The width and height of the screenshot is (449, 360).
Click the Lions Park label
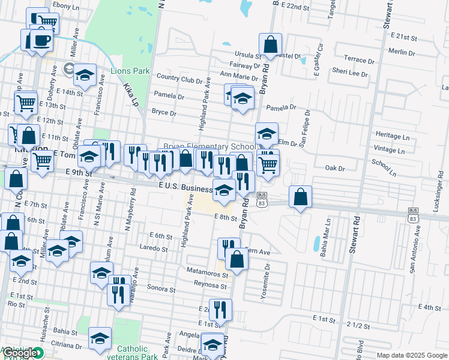(x=130, y=71)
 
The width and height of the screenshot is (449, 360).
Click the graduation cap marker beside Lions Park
(x=85, y=75)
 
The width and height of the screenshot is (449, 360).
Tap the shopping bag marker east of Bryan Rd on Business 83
(x=300, y=196)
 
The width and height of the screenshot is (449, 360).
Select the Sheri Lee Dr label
(x=350, y=73)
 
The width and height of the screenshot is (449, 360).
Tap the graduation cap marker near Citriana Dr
(x=100, y=338)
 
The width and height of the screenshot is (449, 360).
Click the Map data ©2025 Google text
(x=412, y=355)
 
